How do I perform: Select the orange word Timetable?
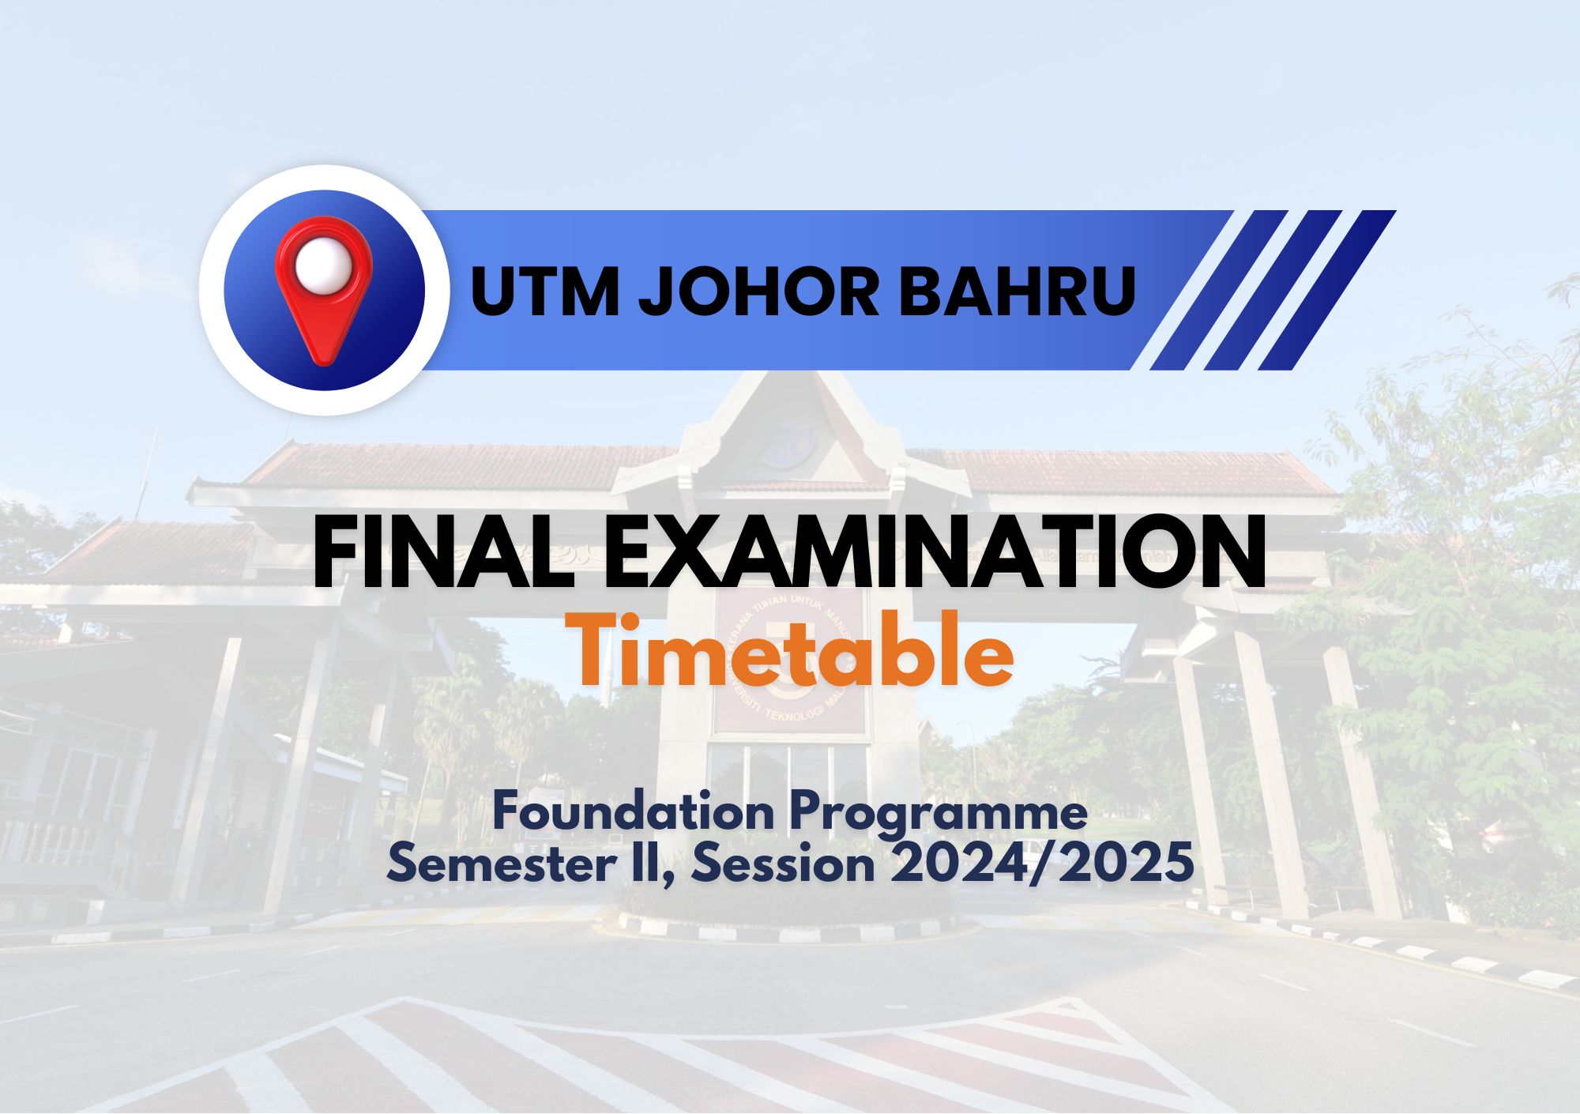(x=790, y=651)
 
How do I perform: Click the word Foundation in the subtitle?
(x=634, y=811)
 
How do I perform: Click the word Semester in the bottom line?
(x=502, y=862)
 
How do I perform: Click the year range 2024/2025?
(x=1043, y=862)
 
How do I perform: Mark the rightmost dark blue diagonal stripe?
(x=1327, y=290)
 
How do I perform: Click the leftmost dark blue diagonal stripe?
(x=1219, y=290)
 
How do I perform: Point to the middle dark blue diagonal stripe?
(x=1273, y=290)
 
